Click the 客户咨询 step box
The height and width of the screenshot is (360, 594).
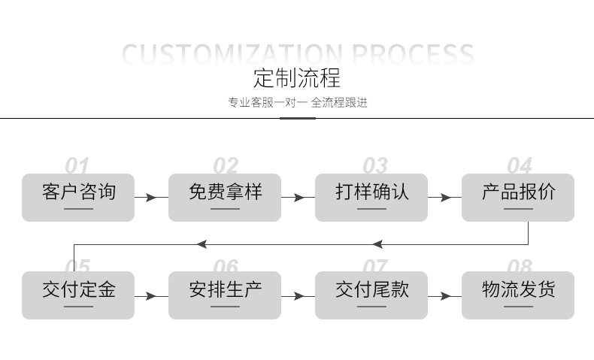click(x=78, y=197)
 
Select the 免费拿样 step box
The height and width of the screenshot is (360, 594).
click(x=224, y=197)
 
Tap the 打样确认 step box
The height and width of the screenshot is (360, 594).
click(x=371, y=197)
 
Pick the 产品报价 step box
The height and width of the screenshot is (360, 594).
click(x=518, y=197)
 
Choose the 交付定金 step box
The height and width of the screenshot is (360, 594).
click(x=78, y=295)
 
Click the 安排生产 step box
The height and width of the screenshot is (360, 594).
click(x=224, y=295)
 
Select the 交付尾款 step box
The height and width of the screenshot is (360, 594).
click(x=371, y=295)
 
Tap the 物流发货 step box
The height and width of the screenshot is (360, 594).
click(x=518, y=295)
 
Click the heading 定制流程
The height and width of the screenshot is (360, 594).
click(x=297, y=77)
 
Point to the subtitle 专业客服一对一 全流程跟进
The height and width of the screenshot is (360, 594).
click(x=297, y=102)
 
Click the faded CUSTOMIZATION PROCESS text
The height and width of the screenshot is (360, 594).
click(x=297, y=54)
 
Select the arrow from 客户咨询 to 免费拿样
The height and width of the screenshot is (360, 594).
click(x=151, y=198)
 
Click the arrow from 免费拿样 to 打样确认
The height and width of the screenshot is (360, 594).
click(x=298, y=198)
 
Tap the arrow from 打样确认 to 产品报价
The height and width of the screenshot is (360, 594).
click(x=444, y=198)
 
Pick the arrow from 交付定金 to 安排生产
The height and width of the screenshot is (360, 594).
click(x=151, y=296)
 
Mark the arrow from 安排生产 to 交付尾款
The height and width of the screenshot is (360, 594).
click(x=298, y=296)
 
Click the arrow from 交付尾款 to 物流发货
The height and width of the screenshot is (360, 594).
click(x=444, y=296)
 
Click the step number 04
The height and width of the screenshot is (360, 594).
click(x=519, y=165)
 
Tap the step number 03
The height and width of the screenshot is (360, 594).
click(x=374, y=165)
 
